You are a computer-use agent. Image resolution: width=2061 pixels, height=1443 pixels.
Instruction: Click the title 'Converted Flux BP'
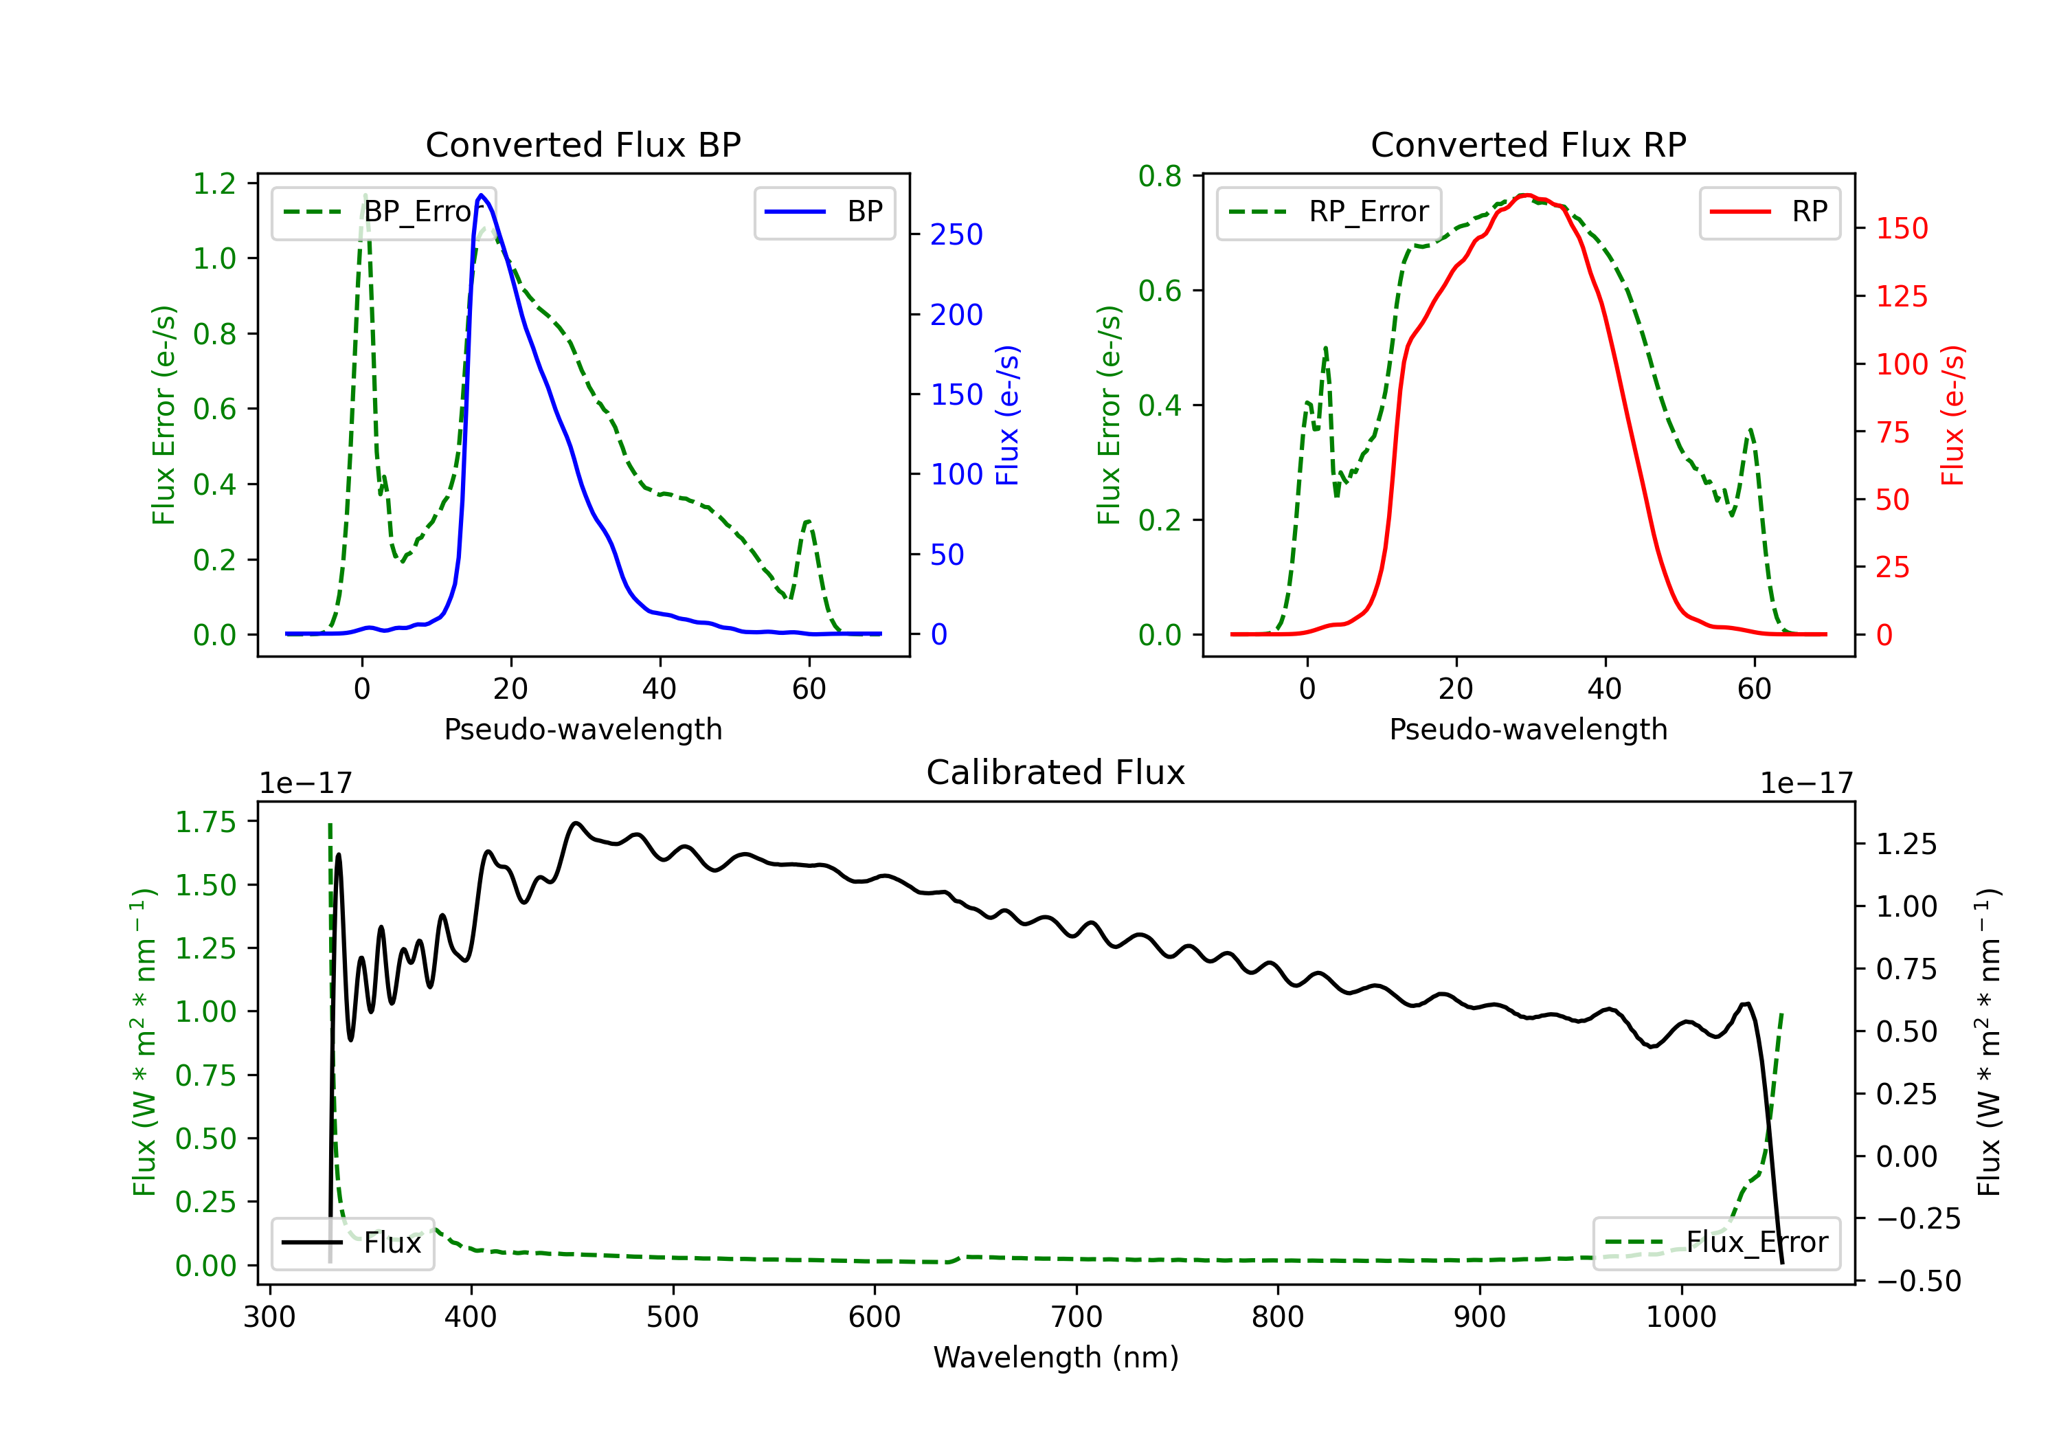click(x=583, y=144)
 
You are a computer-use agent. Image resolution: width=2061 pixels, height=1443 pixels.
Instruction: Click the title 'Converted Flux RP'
click(x=1528, y=144)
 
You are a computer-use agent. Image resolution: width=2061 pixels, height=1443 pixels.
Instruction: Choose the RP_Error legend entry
click(x=1329, y=212)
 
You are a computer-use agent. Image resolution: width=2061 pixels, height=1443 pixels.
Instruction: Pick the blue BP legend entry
click(x=824, y=212)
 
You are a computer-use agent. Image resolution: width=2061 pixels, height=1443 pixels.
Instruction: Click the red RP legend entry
click(x=1769, y=212)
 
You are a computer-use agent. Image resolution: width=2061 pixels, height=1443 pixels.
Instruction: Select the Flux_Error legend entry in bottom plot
click(x=1716, y=1243)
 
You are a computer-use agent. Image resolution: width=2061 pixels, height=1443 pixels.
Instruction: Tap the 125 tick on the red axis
click(x=1901, y=296)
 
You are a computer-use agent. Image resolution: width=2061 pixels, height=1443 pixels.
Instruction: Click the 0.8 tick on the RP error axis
click(x=1160, y=176)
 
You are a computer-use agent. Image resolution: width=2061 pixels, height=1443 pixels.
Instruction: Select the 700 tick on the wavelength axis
click(x=1077, y=1317)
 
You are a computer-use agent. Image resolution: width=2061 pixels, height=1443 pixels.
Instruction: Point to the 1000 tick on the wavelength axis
click(x=1681, y=1317)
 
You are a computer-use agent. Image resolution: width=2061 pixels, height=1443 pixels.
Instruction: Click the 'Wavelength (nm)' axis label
click(x=1056, y=1358)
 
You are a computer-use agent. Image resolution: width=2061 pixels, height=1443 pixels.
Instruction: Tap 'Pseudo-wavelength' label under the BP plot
click(x=583, y=729)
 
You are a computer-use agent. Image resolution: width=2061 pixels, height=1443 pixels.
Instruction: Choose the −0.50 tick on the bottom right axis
click(x=1918, y=1280)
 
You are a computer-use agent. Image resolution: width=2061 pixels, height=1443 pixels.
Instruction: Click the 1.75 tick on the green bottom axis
click(x=205, y=822)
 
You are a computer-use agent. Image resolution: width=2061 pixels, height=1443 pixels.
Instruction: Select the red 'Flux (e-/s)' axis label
click(x=1953, y=416)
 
